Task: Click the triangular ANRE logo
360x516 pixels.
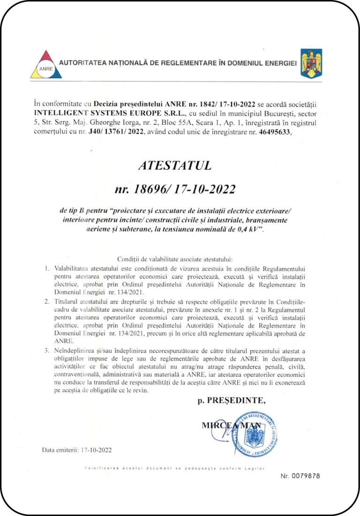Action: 45,64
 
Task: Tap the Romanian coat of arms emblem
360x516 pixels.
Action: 311,63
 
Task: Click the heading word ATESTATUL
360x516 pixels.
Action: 174,165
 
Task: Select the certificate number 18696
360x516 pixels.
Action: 149,190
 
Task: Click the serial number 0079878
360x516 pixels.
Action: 306,476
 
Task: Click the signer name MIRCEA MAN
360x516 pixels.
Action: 231,425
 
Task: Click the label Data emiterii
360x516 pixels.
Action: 59,450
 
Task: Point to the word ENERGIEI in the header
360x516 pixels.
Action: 275,63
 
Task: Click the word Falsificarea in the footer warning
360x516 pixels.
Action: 97,468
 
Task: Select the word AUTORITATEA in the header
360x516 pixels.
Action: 82,63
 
